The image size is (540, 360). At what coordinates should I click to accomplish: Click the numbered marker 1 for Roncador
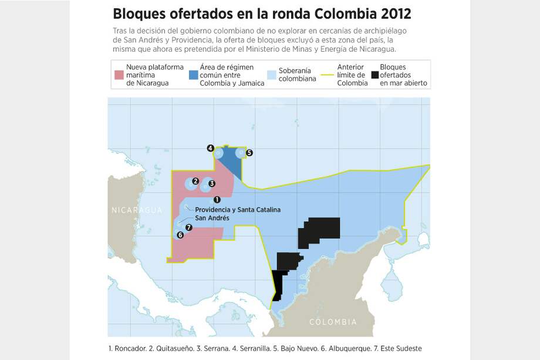[x=217, y=200]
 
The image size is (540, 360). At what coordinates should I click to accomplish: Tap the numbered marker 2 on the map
[x=195, y=181]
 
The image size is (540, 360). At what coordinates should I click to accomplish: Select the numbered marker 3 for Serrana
[x=212, y=184]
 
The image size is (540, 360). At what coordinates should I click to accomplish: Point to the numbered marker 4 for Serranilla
[x=210, y=149]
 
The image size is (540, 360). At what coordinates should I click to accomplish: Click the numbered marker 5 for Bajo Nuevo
[x=249, y=153]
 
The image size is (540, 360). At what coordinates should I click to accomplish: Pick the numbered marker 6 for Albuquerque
[x=180, y=235]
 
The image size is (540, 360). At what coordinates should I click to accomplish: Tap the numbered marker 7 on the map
[x=188, y=228]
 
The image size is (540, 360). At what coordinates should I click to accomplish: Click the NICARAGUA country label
[x=137, y=210]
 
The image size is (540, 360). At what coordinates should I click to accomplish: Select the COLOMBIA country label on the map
[x=333, y=322]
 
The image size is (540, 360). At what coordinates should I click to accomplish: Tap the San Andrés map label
[x=211, y=218]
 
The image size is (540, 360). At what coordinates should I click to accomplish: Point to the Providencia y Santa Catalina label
[x=238, y=210]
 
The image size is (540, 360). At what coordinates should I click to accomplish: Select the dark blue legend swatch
[x=193, y=75]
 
